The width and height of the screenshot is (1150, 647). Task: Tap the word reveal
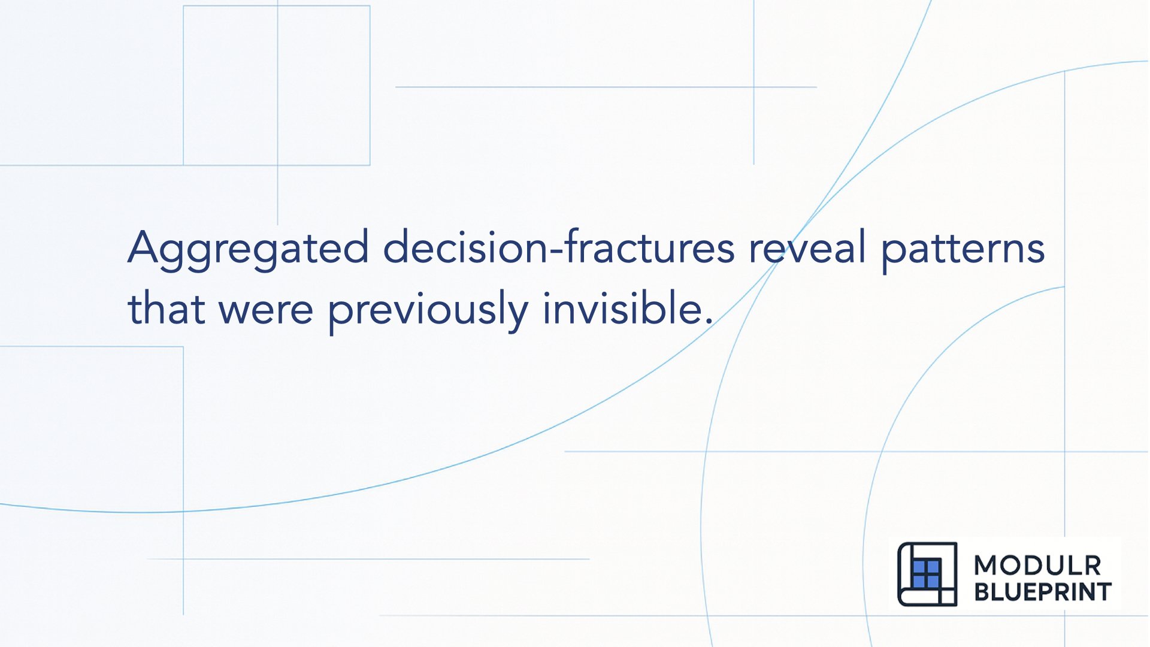[x=807, y=247]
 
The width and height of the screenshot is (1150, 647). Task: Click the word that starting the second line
[x=166, y=309]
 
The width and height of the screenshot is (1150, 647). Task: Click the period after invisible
[x=709, y=321]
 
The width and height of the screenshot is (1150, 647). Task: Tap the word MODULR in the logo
[x=1037, y=566]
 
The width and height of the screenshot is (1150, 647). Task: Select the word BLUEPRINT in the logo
[x=1043, y=592]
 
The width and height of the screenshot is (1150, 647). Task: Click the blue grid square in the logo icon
[x=926, y=574]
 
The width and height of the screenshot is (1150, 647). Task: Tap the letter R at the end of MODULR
[x=1092, y=566]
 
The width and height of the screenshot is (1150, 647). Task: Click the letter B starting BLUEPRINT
[x=982, y=592]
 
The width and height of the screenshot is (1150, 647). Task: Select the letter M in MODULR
[x=986, y=566]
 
